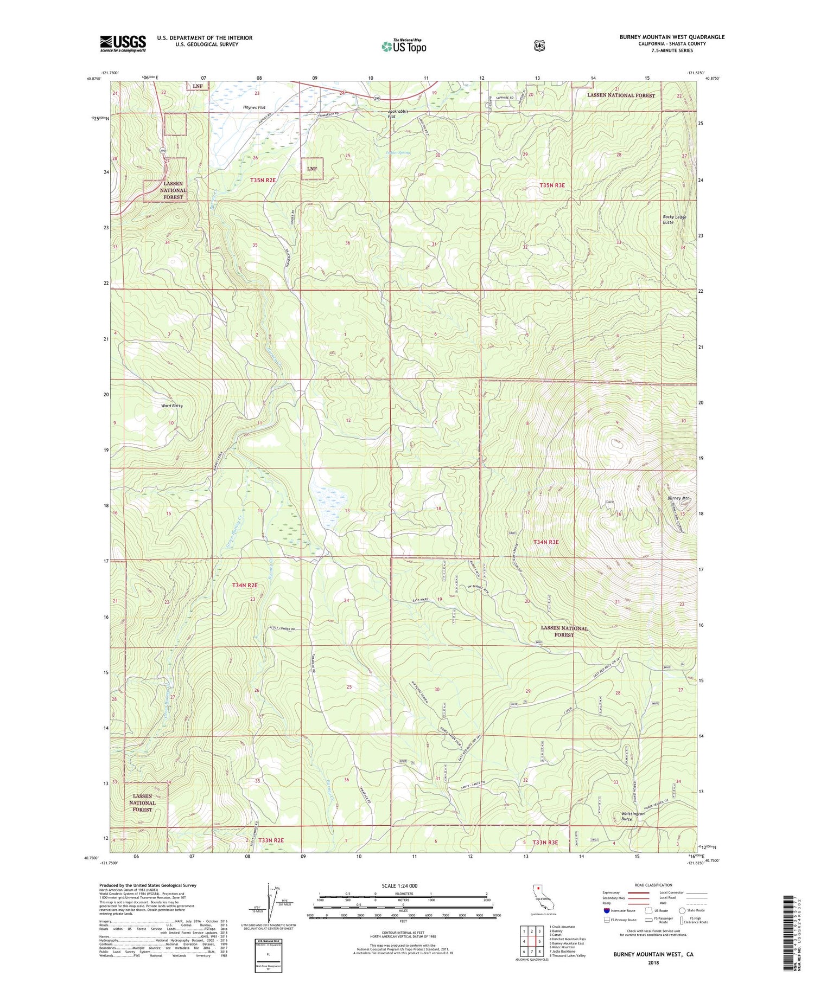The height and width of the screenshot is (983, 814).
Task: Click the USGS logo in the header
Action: (x=123, y=43)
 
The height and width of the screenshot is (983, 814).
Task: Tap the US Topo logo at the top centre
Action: (x=404, y=46)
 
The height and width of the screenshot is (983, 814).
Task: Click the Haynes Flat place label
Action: (x=254, y=108)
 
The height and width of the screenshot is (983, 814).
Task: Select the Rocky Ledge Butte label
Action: (x=674, y=220)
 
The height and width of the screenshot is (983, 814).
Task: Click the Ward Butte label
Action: (x=171, y=406)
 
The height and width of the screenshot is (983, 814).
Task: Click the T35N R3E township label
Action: (x=552, y=185)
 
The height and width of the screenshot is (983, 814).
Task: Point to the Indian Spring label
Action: (x=398, y=153)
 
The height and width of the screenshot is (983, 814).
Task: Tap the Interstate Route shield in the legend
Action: (x=606, y=910)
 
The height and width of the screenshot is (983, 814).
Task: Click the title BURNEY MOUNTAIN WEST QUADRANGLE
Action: (x=672, y=37)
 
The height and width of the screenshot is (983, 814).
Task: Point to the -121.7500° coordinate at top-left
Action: (x=109, y=73)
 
